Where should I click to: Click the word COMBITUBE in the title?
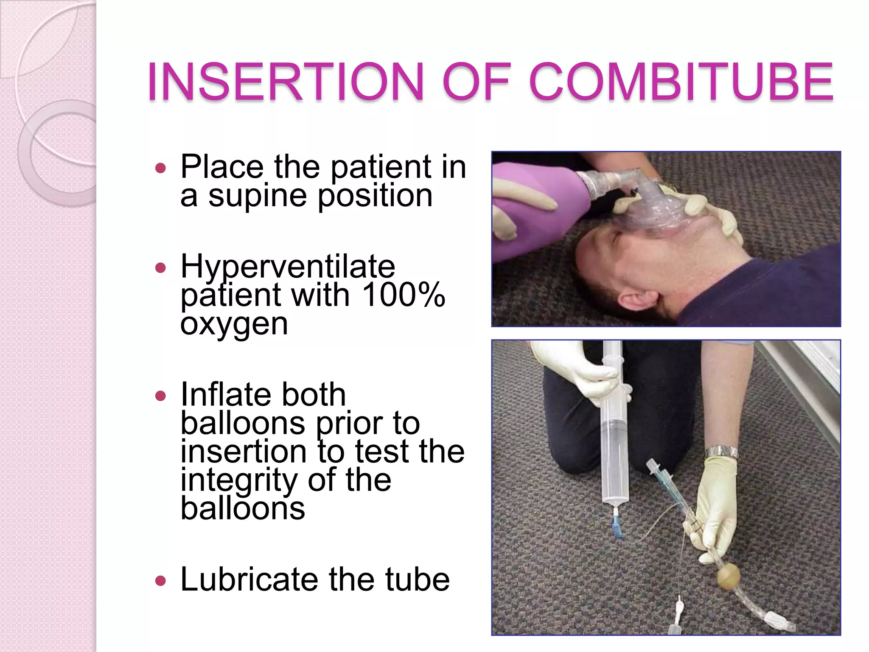[681, 81]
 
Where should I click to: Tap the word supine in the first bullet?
[257, 196]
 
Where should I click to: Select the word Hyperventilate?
[288, 267]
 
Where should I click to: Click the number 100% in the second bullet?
[404, 295]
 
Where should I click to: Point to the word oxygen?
[234, 324]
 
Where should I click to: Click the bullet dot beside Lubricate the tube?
[160, 580]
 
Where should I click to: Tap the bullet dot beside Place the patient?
[160, 168]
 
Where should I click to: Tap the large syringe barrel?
[614, 441]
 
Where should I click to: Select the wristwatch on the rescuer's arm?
[722, 453]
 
